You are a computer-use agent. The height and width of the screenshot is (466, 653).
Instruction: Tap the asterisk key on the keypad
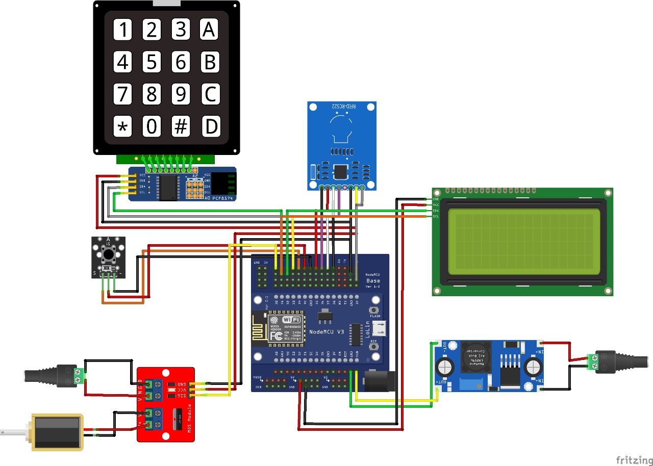[x=122, y=126]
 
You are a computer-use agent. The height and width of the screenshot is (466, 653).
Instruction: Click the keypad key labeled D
[x=210, y=126]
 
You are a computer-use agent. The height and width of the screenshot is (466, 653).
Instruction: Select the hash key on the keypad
[x=181, y=126]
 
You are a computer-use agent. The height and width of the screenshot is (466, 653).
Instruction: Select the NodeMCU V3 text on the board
[x=326, y=331]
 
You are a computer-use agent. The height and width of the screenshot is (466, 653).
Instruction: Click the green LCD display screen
[x=523, y=242]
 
